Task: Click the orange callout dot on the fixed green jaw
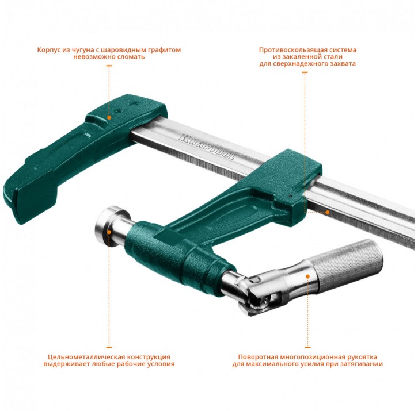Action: (109, 117)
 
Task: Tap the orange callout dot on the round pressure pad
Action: (109, 232)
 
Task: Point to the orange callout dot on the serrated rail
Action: (328, 212)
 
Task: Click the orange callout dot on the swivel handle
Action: (307, 276)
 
